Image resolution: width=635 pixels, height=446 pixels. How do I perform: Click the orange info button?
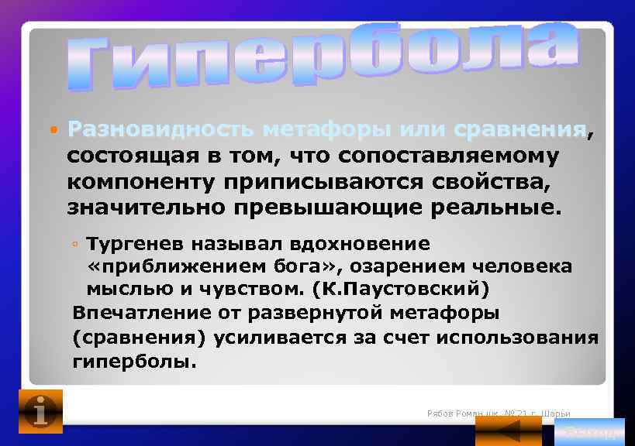[x=40, y=410]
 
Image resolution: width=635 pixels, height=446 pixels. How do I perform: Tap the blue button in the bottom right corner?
[x=590, y=431]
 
